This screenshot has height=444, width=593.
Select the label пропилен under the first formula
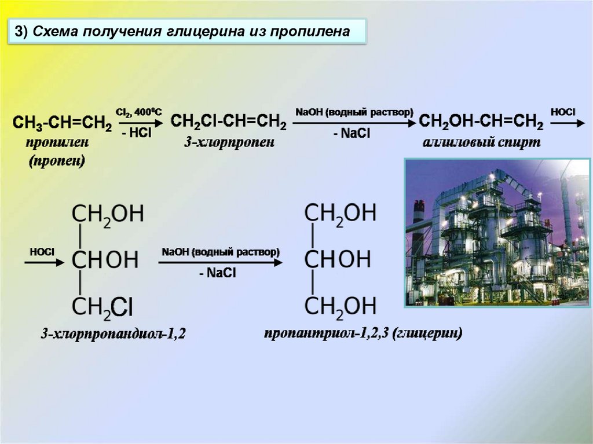point(57,142)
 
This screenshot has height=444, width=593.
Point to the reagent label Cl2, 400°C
point(140,112)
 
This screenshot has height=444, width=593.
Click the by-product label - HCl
point(137,133)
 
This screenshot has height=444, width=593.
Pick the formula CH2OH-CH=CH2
point(481,122)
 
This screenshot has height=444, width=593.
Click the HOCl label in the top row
point(563,111)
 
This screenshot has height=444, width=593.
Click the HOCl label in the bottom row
point(42,252)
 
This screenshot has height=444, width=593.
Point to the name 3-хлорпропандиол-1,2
point(112,334)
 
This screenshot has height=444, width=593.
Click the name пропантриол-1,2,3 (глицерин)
point(364,334)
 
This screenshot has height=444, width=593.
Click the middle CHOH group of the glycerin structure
point(337,259)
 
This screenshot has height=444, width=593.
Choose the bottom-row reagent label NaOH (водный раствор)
point(221,252)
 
